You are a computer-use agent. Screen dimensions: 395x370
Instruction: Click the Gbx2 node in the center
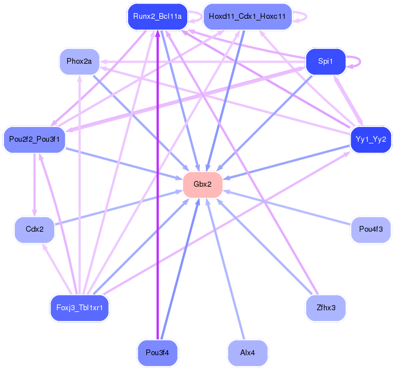pos(203,184)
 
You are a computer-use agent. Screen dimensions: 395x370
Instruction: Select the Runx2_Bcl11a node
pos(158,17)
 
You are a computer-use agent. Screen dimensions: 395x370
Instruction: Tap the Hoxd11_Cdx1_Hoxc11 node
pos(248,17)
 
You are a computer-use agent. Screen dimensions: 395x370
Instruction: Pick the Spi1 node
pos(326,61)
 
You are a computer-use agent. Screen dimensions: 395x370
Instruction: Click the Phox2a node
pos(79,61)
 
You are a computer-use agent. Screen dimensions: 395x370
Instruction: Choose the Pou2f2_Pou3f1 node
pos(35,139)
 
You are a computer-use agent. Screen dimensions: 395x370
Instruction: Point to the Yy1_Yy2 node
pos(371,139)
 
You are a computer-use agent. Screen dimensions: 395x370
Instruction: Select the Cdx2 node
pos(35,229)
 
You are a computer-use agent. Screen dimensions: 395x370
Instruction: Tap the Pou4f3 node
pos(371,229)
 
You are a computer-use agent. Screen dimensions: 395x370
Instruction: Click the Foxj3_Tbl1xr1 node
pos(79,308)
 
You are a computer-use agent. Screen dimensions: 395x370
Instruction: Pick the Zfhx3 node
pos(326,308)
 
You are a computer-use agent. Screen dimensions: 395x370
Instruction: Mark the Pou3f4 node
pos(158,352)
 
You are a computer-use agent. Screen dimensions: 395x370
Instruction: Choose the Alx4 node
pos(248,352)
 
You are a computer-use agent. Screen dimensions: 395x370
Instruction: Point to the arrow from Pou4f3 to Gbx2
pos(287,208)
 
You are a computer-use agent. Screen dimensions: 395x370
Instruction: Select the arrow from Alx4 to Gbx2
pos(225,269)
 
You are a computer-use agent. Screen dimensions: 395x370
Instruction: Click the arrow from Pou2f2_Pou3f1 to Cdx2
pos(35,184)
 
